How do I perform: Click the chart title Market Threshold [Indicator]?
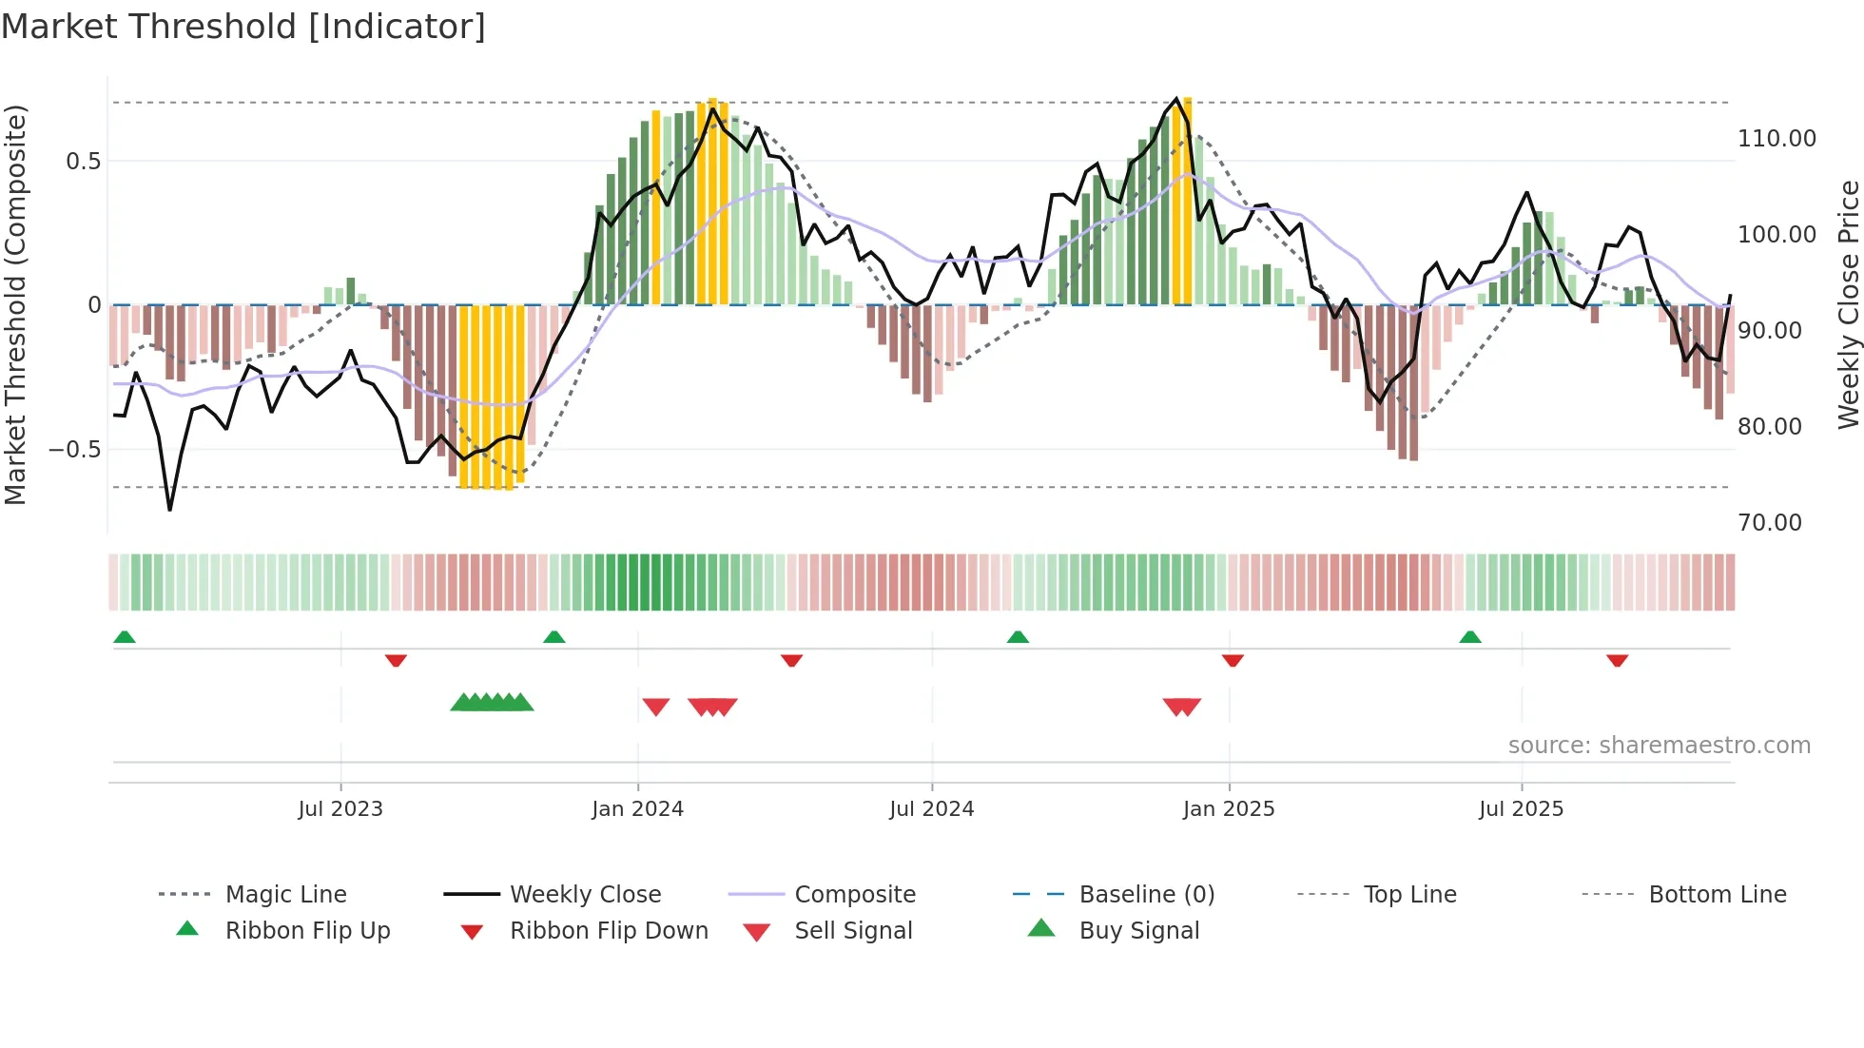[243, 27]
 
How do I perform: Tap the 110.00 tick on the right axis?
[1776, 139]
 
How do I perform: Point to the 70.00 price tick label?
[1769, 523]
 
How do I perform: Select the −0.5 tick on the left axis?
[75, 450]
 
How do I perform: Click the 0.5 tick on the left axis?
[83, 162]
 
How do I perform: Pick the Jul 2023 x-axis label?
[340, 809]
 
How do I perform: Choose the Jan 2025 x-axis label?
[1229, 809]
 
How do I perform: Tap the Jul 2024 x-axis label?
[932, 809]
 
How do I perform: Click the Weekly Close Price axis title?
[1848, 304]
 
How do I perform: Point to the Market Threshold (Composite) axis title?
[15, 304]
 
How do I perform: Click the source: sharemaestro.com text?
[1659, 746]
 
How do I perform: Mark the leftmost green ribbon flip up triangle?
[125, 637]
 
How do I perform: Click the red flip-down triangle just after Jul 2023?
[396, 660]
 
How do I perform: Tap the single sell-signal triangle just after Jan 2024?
[656, 707]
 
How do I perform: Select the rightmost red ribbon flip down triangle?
[1617, 660]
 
